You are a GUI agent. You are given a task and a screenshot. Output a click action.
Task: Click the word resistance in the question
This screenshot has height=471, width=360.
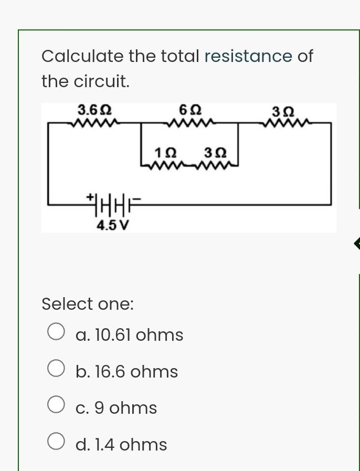pos(248,56)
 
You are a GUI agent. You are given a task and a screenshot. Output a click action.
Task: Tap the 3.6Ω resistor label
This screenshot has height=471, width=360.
pos(94,110)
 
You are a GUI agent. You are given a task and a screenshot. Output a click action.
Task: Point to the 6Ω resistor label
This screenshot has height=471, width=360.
pos(190,110)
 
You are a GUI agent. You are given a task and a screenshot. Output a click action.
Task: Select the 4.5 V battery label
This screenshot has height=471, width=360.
pos(113,226)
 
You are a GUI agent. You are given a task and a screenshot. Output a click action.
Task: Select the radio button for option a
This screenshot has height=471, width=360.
pos(56,331)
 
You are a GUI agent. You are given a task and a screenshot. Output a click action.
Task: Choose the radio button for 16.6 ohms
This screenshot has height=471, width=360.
pos(56,368)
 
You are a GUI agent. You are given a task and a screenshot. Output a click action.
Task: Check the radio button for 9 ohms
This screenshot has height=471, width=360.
pos(56,404)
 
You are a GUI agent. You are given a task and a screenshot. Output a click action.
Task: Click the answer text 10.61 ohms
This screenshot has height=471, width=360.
pos(130,334)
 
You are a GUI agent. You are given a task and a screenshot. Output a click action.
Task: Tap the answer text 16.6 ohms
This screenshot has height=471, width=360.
pos(127,372)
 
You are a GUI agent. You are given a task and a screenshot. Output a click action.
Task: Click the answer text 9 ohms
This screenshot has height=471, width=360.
pos(117,408)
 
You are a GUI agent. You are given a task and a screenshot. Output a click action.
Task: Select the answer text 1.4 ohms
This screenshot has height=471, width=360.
pos(121,445)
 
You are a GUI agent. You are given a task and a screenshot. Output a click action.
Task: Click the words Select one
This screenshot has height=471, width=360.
pos(88,304)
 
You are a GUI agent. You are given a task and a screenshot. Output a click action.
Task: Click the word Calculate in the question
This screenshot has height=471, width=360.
pos(82,56)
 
